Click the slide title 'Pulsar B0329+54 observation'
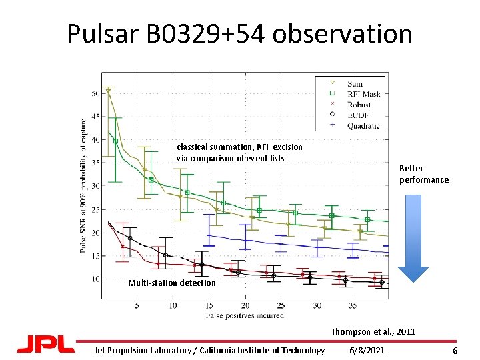(239, 33)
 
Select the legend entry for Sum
(355, 84)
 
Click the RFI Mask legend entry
(363, 94)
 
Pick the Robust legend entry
(359, 105)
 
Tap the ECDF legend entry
(357, 115)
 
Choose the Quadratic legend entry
(363, 125)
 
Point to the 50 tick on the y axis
(95, 93)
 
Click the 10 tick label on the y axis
(95, 279)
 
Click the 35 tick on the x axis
(353, 305)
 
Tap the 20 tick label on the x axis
(245, 305)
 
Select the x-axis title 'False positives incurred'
(245, 315)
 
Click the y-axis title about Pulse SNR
(83, 186)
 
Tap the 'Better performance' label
(424, 174)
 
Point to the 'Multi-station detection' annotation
(172, 283)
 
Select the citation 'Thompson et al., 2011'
(373, 331)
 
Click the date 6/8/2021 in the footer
(367, 351)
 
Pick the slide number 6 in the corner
(455, 351)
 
